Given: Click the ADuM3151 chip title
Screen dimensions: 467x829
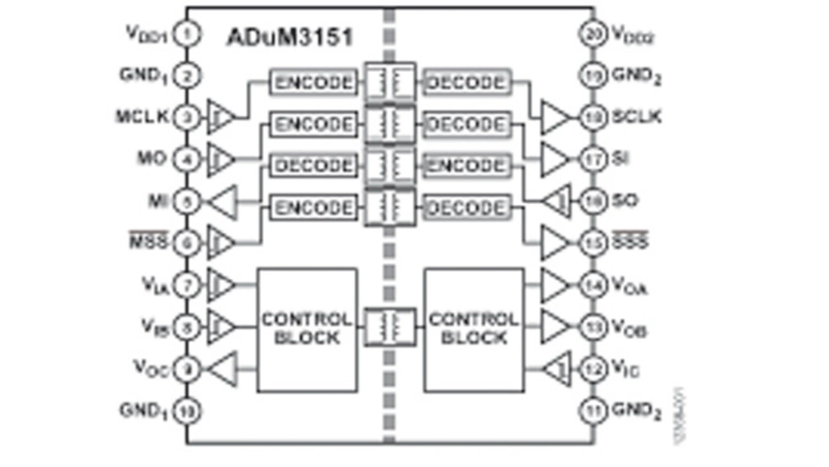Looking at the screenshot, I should pyautogui.click(x=290, y=37).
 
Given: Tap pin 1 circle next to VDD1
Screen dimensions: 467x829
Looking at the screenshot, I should pyautogui.click(x=188, y=34).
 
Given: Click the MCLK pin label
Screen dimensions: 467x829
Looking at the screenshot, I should pyautogui.click(x=142, y=117).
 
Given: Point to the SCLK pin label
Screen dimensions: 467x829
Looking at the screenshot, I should pyautogui.click(x=636, y=117).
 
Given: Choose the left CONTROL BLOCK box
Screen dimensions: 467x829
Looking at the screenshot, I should pyautogui.click(x=307, y=330).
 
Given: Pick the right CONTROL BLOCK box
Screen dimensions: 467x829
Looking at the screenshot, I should pyautogui.click(x=474, y=330).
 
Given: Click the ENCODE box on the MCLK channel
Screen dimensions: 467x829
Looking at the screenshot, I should pyautogui.click(x=313, y=83).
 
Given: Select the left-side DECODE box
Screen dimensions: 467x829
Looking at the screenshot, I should pyautogui.click(x=313, y=166).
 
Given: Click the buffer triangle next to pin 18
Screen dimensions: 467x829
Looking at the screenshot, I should pyautogui.click(x=556, y=117).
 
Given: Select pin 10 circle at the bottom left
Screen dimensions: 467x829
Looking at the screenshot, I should pyautogui.click(x=188, y=411).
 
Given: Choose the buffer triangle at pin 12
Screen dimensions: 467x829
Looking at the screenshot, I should pyautogui.click(x=557, y=370).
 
